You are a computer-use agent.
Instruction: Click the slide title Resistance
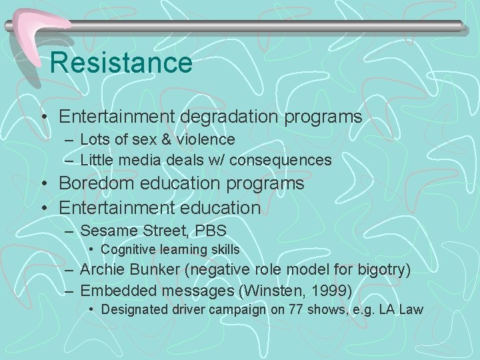point(121,63)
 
